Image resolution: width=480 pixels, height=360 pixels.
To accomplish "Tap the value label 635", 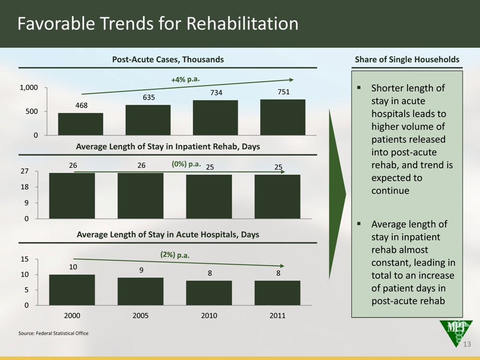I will [149, 98].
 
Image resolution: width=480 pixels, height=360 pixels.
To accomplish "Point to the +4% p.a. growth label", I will [186, 80].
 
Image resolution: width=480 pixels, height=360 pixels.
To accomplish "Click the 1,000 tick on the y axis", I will [28, 87].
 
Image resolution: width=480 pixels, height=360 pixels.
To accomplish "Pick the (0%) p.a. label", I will [187, 164].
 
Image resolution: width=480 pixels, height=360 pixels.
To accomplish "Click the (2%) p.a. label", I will [175, 255].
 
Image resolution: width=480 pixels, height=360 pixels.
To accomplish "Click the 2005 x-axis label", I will [141, 316].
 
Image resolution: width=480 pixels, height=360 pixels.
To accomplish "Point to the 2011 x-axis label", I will [277, 316].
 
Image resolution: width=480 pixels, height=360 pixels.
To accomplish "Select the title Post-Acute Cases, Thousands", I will [168, 59].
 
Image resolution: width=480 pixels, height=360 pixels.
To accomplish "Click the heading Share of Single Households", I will [407, 59].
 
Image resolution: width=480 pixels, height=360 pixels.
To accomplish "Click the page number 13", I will [466, 344].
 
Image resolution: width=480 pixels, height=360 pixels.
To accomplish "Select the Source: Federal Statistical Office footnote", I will [53, 333].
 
